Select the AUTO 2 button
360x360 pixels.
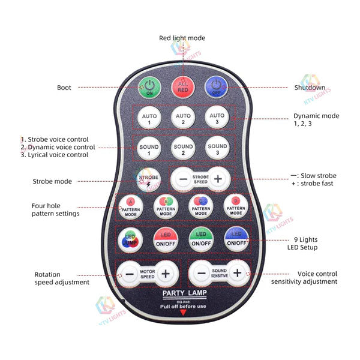click(x=183, y=118)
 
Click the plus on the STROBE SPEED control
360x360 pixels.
click(x=218, y=179)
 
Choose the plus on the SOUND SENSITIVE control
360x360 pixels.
click(x=237, y=273)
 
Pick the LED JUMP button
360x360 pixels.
click(x=130, y=239)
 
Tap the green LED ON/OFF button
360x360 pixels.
click(x=201, y=239)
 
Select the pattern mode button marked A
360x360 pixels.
click(x=130, y=207)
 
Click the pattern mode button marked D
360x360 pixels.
click(x=236, y=207)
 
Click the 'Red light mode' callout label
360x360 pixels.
click(x=182, y=38)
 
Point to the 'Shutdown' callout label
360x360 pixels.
click(x=310, y=88)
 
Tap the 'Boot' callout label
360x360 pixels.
click(x=64, y=88)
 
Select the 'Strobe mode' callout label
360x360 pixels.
click(x=52, y=181)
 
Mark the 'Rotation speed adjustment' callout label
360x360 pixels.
click(x=62, y=278)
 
